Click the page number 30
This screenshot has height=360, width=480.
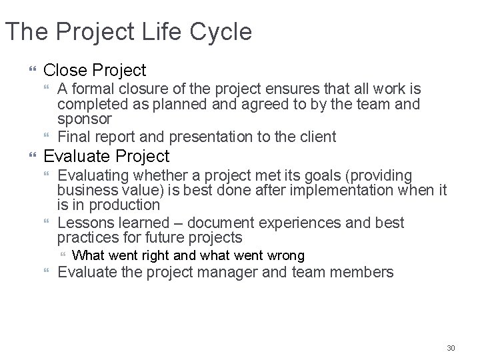pyautogui.click(x=451, y=348)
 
